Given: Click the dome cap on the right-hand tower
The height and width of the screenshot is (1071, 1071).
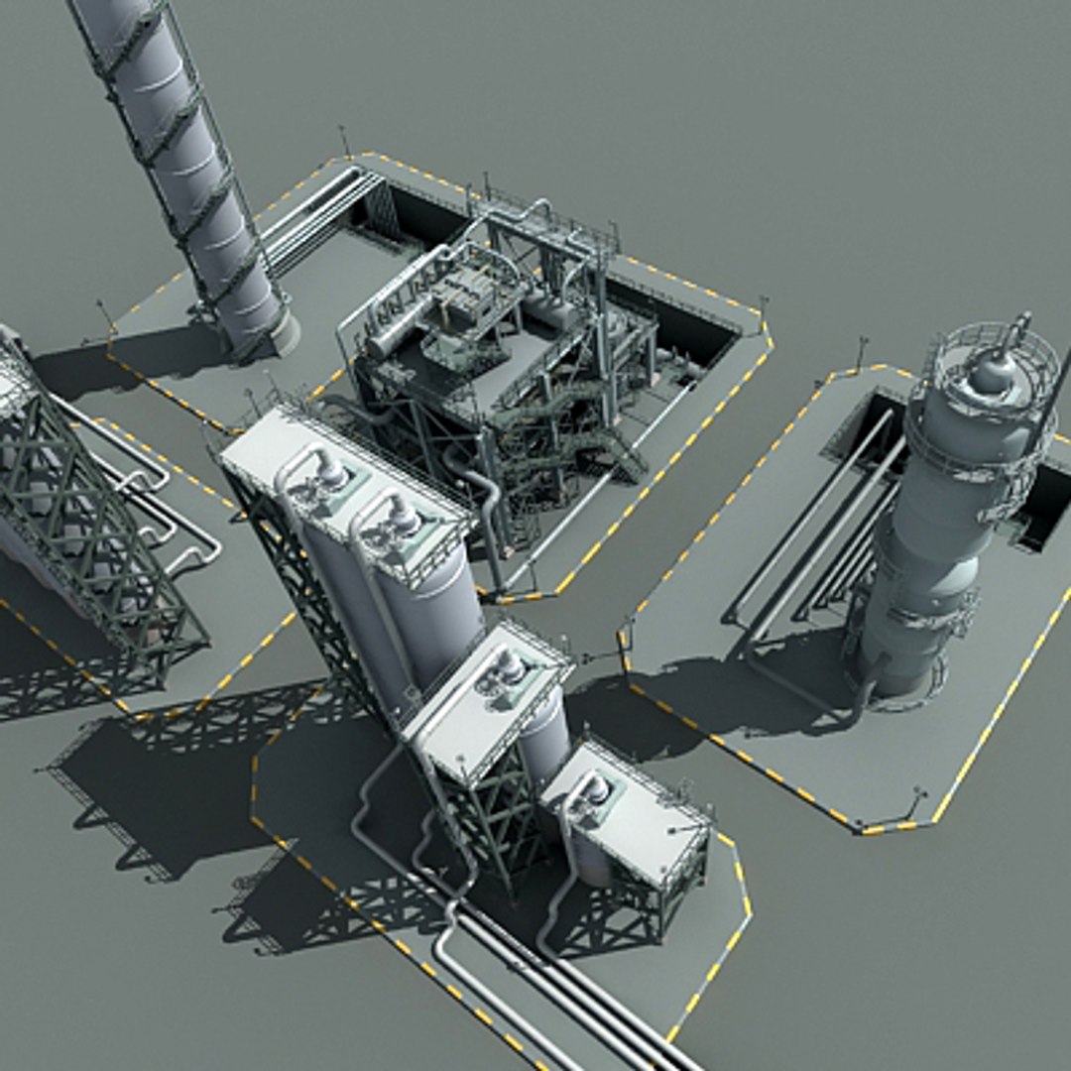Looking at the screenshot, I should click(x=992, y=372).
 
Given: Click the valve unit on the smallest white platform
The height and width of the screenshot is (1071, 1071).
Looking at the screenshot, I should click(x=592, y=790).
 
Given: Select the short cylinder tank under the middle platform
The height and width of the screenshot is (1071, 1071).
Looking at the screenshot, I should click(x=544, y=734).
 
